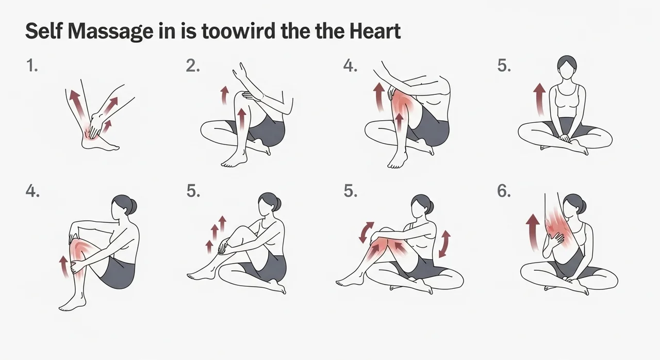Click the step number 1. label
31,66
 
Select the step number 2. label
193,66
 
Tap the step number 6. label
504,191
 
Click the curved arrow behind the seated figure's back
444,244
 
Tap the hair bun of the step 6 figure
583,207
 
